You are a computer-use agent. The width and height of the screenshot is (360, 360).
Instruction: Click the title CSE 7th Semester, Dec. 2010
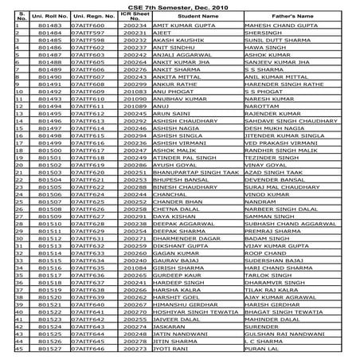[x=180, y=6]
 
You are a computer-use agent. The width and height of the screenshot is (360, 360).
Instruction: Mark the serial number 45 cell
[x=6, y=346]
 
